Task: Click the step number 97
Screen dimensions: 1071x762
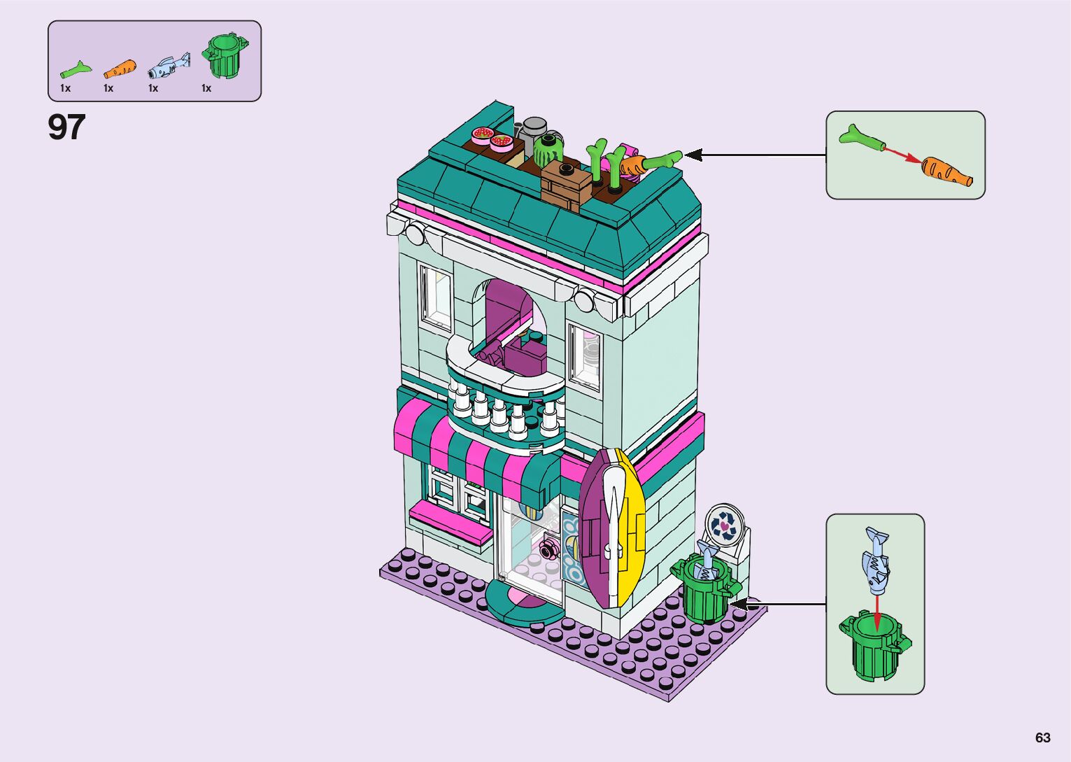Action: tap(66, 128)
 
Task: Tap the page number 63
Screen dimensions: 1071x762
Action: tap(1042, 738)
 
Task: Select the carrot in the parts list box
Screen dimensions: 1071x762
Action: tap(120, 69)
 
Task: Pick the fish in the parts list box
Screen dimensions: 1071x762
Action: tap(169, 66)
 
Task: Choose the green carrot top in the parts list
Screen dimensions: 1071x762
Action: tap(76, 69)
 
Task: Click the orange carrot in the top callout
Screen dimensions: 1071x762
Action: tap(944, 171)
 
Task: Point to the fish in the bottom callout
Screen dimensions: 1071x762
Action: tap(877, 559)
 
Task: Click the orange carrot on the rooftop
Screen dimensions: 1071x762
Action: tap(633, 166)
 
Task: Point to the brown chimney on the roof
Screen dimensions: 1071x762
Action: tap(566, 183)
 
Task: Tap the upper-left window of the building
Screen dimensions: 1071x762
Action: tap(435, 295)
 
